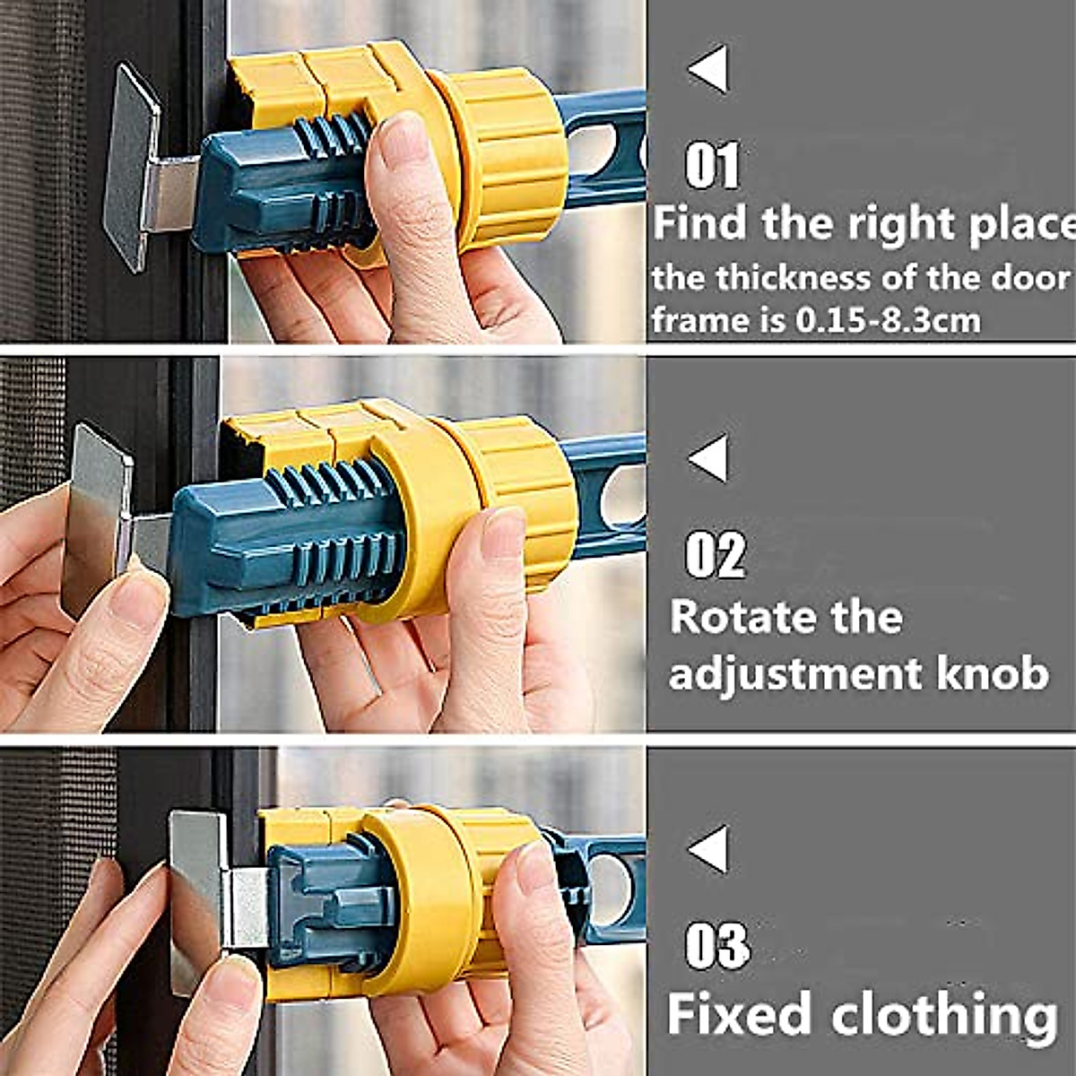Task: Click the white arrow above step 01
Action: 709,70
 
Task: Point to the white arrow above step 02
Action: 709,458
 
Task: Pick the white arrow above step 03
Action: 709,849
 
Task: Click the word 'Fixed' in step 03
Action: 741,1013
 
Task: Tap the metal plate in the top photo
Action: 132,166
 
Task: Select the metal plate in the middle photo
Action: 97,520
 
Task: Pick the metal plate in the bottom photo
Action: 197,897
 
